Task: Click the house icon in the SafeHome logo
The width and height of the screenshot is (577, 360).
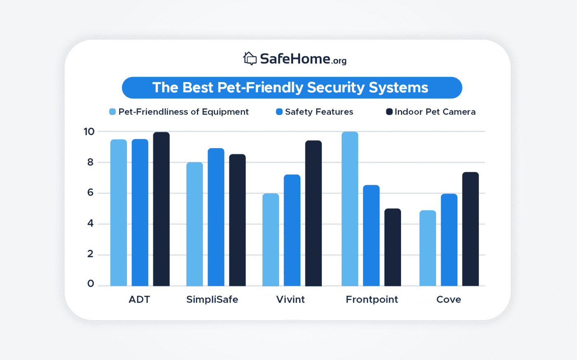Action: pyautogui.click(x=250, y=59)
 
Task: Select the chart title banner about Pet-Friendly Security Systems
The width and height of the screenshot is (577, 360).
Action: pyautogui.click(x=292, y=87)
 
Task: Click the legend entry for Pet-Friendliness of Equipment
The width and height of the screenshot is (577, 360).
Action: pyautogui.click(x=179, y=112)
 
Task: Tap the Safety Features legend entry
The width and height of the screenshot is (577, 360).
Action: pyautogui.click(x=314, y=112)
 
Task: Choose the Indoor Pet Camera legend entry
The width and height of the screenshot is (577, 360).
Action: pyautogui.click(x=431, y=112)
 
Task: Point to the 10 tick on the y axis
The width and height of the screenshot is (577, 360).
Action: pyautogui.click(x=89, y=132)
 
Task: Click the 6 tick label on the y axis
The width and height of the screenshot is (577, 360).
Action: pyautogui.click(x=90, y=193)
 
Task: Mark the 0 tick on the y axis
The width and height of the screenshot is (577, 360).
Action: pyautogui.click(x=90, y=284)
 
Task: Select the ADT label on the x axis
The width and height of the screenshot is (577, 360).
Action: pyautogui.click(x=139, y=299)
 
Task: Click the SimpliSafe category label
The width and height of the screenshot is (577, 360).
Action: pyautogui.click(x=212, y=299)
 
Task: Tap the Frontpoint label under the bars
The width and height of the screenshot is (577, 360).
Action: pyautogui.click(x=372, y=299)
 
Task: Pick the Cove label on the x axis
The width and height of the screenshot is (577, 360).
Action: pyautogui.click(x=448, y=299)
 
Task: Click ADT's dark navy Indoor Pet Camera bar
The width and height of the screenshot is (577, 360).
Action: pyautogui.click(x=161, y=209)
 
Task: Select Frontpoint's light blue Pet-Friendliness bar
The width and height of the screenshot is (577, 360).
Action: pyautogui.click(x=350, y=209)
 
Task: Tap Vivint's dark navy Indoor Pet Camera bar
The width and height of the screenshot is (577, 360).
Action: pyautogui.click(x=313, y=213)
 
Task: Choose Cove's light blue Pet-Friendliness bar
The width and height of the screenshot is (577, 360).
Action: pyautogui.click(x=427, y=248)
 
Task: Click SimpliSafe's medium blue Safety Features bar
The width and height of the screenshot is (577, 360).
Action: pyautogui.click(x=216, y=217)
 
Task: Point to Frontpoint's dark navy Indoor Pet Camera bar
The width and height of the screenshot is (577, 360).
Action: pyautogui.click(x=392, y=247)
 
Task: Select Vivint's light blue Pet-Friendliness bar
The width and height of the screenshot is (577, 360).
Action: pyautogui.click(x=271, y=240)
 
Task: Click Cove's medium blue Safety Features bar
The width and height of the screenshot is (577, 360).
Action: pyautogui.click(x=449, y=240)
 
